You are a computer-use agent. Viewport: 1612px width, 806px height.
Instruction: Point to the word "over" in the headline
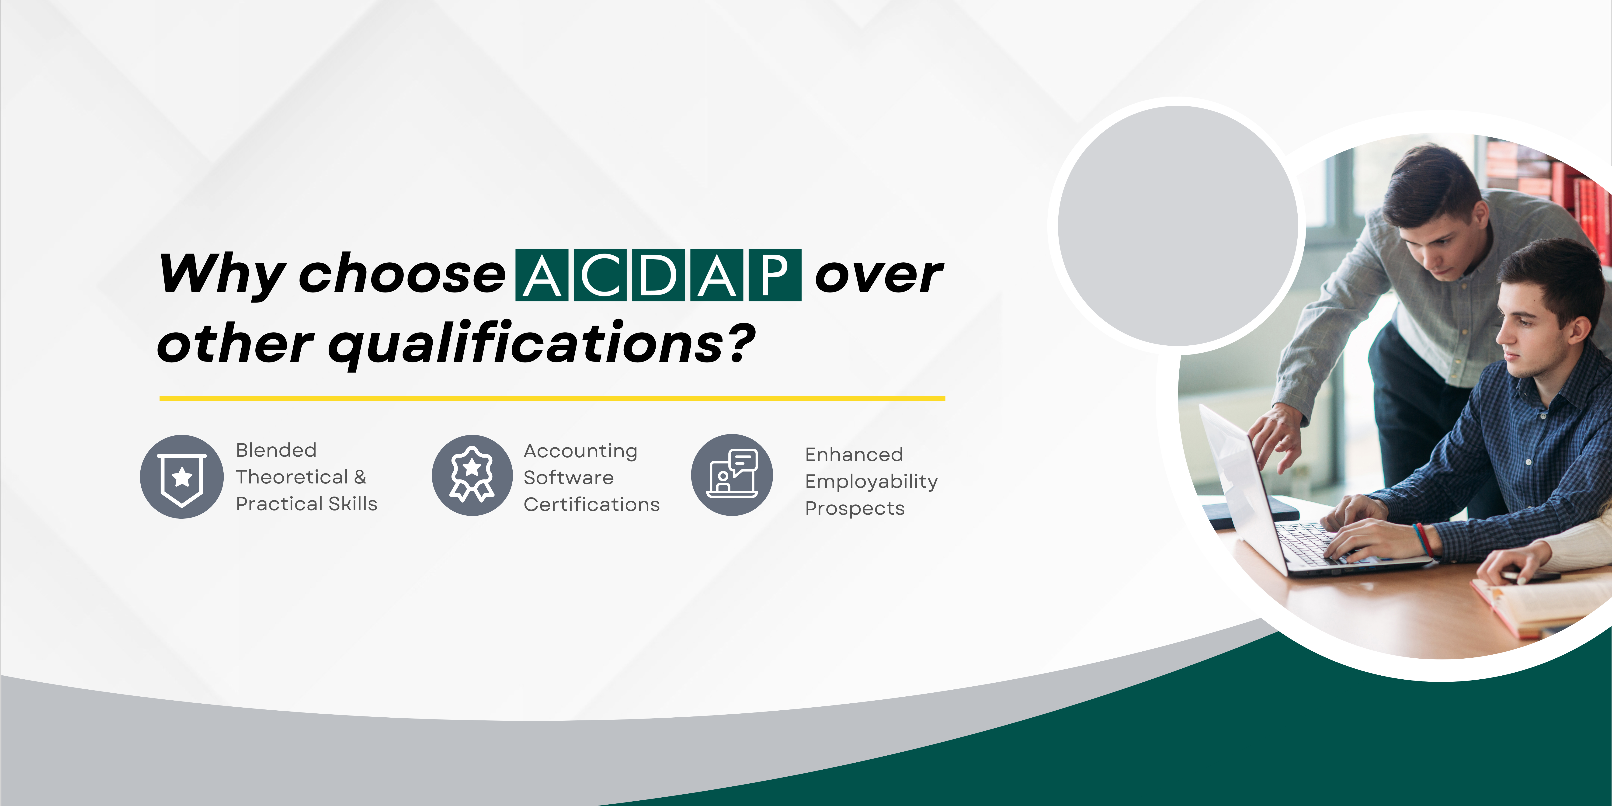879,275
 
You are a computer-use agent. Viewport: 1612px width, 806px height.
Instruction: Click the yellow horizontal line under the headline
552,398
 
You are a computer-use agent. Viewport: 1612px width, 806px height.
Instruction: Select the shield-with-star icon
181,477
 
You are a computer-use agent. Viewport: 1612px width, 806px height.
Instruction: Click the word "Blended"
276,450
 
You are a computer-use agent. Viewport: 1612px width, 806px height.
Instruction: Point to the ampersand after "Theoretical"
360,477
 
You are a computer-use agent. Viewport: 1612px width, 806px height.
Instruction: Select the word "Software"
568,477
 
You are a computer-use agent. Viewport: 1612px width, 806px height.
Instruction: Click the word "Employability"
871,482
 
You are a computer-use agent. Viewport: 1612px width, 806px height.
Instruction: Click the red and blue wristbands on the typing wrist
1424,539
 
